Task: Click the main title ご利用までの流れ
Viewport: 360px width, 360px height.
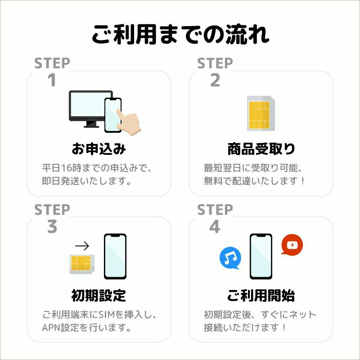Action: pyautogui.click(x=180, y=35)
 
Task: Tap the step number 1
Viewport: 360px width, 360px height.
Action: pyautogui.click(x=52, y=81)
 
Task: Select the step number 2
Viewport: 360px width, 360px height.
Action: pyautogui.click(x=215, y=81)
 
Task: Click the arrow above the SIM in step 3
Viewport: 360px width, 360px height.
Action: pyautogui.click(x=82, y=246)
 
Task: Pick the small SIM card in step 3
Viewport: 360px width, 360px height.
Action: pyautogui.click(x=81, y=264)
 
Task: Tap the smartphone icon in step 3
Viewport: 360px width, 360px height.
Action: pyautogui.click(x=115, y=256)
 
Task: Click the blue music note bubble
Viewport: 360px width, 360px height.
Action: pyautogui.click(x=230, y=258)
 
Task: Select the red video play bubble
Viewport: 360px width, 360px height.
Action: pyautogui.click(x=292, y=245)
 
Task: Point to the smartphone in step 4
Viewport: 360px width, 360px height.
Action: pyautogui.click(x=261, y=256)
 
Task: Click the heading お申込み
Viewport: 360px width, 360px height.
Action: pyautogui.click(x=99, y=149)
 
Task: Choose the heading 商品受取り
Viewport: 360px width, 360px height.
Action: pyautogui.click(x=261, y=149)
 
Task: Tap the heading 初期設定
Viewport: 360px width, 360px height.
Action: pyautogui.click(x=99, y=296)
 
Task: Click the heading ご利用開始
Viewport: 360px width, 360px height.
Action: pyautogui.click(x=261, y=296)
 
